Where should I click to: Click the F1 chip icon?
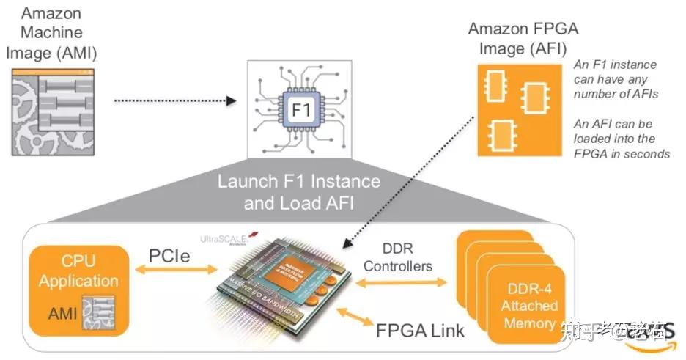tap(301, 109)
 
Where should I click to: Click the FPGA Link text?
tap(420, 330)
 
